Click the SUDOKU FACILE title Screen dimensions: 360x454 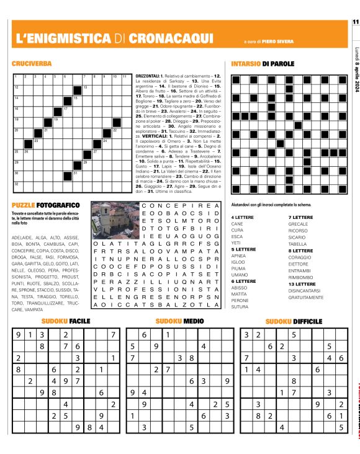click(x=66, y=321)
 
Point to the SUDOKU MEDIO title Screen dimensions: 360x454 click(x=179, y=321)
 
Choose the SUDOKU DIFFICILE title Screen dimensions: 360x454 click(x=294, y=321)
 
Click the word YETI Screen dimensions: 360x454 click(x=236, y=243)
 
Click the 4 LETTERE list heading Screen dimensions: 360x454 click(x=241, y=217)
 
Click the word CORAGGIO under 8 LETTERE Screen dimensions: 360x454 click(x=300, y=257)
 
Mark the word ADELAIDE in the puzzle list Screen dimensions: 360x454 click(x=22, y=238)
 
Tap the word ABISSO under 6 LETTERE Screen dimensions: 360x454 click(x=240, y=288)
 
